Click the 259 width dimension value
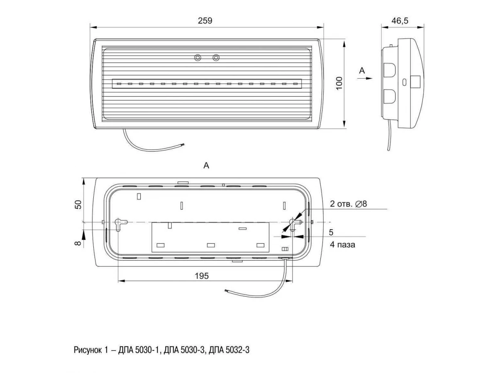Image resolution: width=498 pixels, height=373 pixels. pyautogui.click(x=205, y=21)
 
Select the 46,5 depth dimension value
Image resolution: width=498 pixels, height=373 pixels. pyautogui.click(x=400, y=21)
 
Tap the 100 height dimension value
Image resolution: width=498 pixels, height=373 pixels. pyautogui.click(x=339, y=83)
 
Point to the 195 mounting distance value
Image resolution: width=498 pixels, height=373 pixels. pyautogui.click(x=202, y=276)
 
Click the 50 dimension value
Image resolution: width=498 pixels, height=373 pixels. pyautogui.click(x=78, y=204)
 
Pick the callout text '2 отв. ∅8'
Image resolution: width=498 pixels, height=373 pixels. pyautogui.click(x=348, y=204)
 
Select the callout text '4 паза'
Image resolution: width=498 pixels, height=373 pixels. pyautogui.click(x=342, y=245)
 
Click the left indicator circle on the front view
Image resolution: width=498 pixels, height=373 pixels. pyautogui.click(x=198, y=58)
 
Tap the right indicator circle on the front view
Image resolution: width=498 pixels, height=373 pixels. pyautogui.click(x=216, y=58)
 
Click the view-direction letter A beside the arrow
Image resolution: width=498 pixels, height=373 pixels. pyautogui.click(x=362, y=70)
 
